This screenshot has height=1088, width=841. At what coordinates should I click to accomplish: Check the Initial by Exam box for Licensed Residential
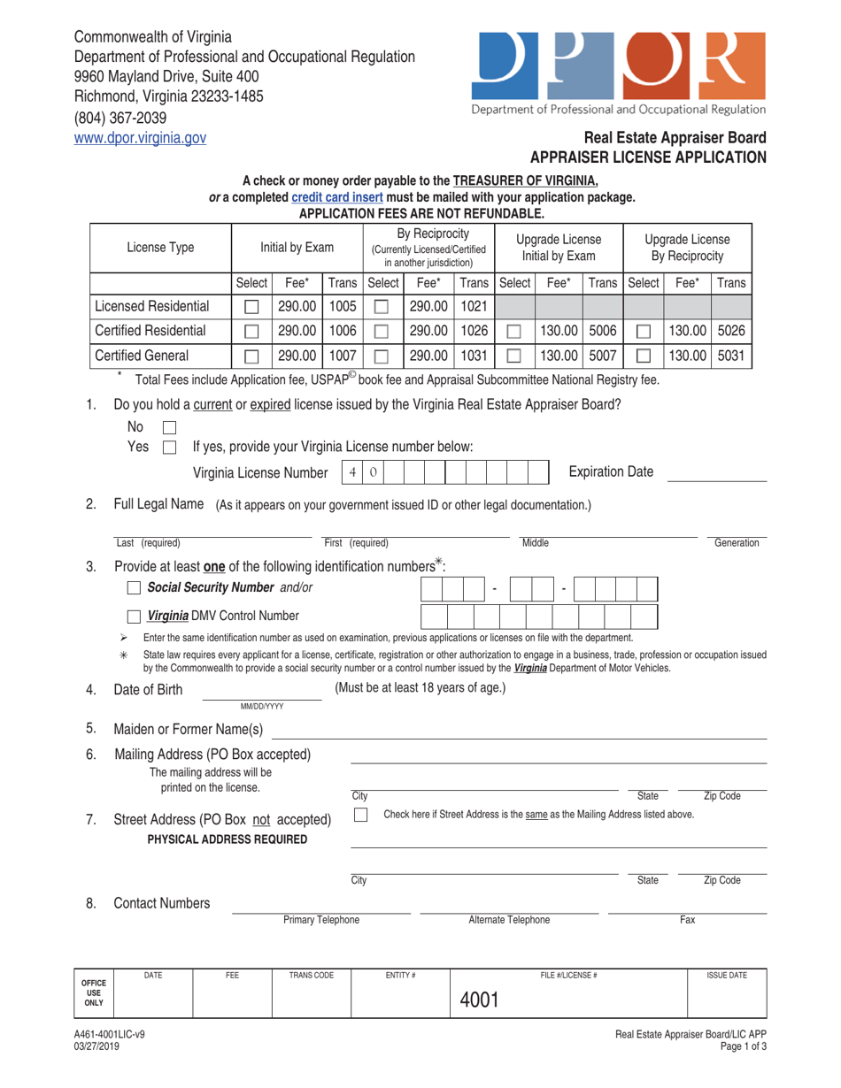(251, 307)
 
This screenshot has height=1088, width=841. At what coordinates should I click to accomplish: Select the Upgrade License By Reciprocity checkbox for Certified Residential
(644, 332)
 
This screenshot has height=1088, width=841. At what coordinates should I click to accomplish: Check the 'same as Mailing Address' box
(361, 815)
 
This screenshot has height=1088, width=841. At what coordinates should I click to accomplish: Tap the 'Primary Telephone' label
(320, 920)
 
